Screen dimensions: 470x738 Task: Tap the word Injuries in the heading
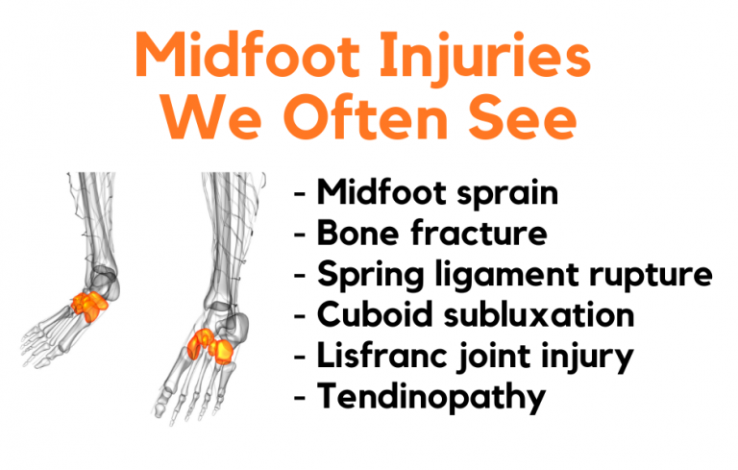[500, 59]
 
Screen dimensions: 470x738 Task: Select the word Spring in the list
[369, 274]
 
